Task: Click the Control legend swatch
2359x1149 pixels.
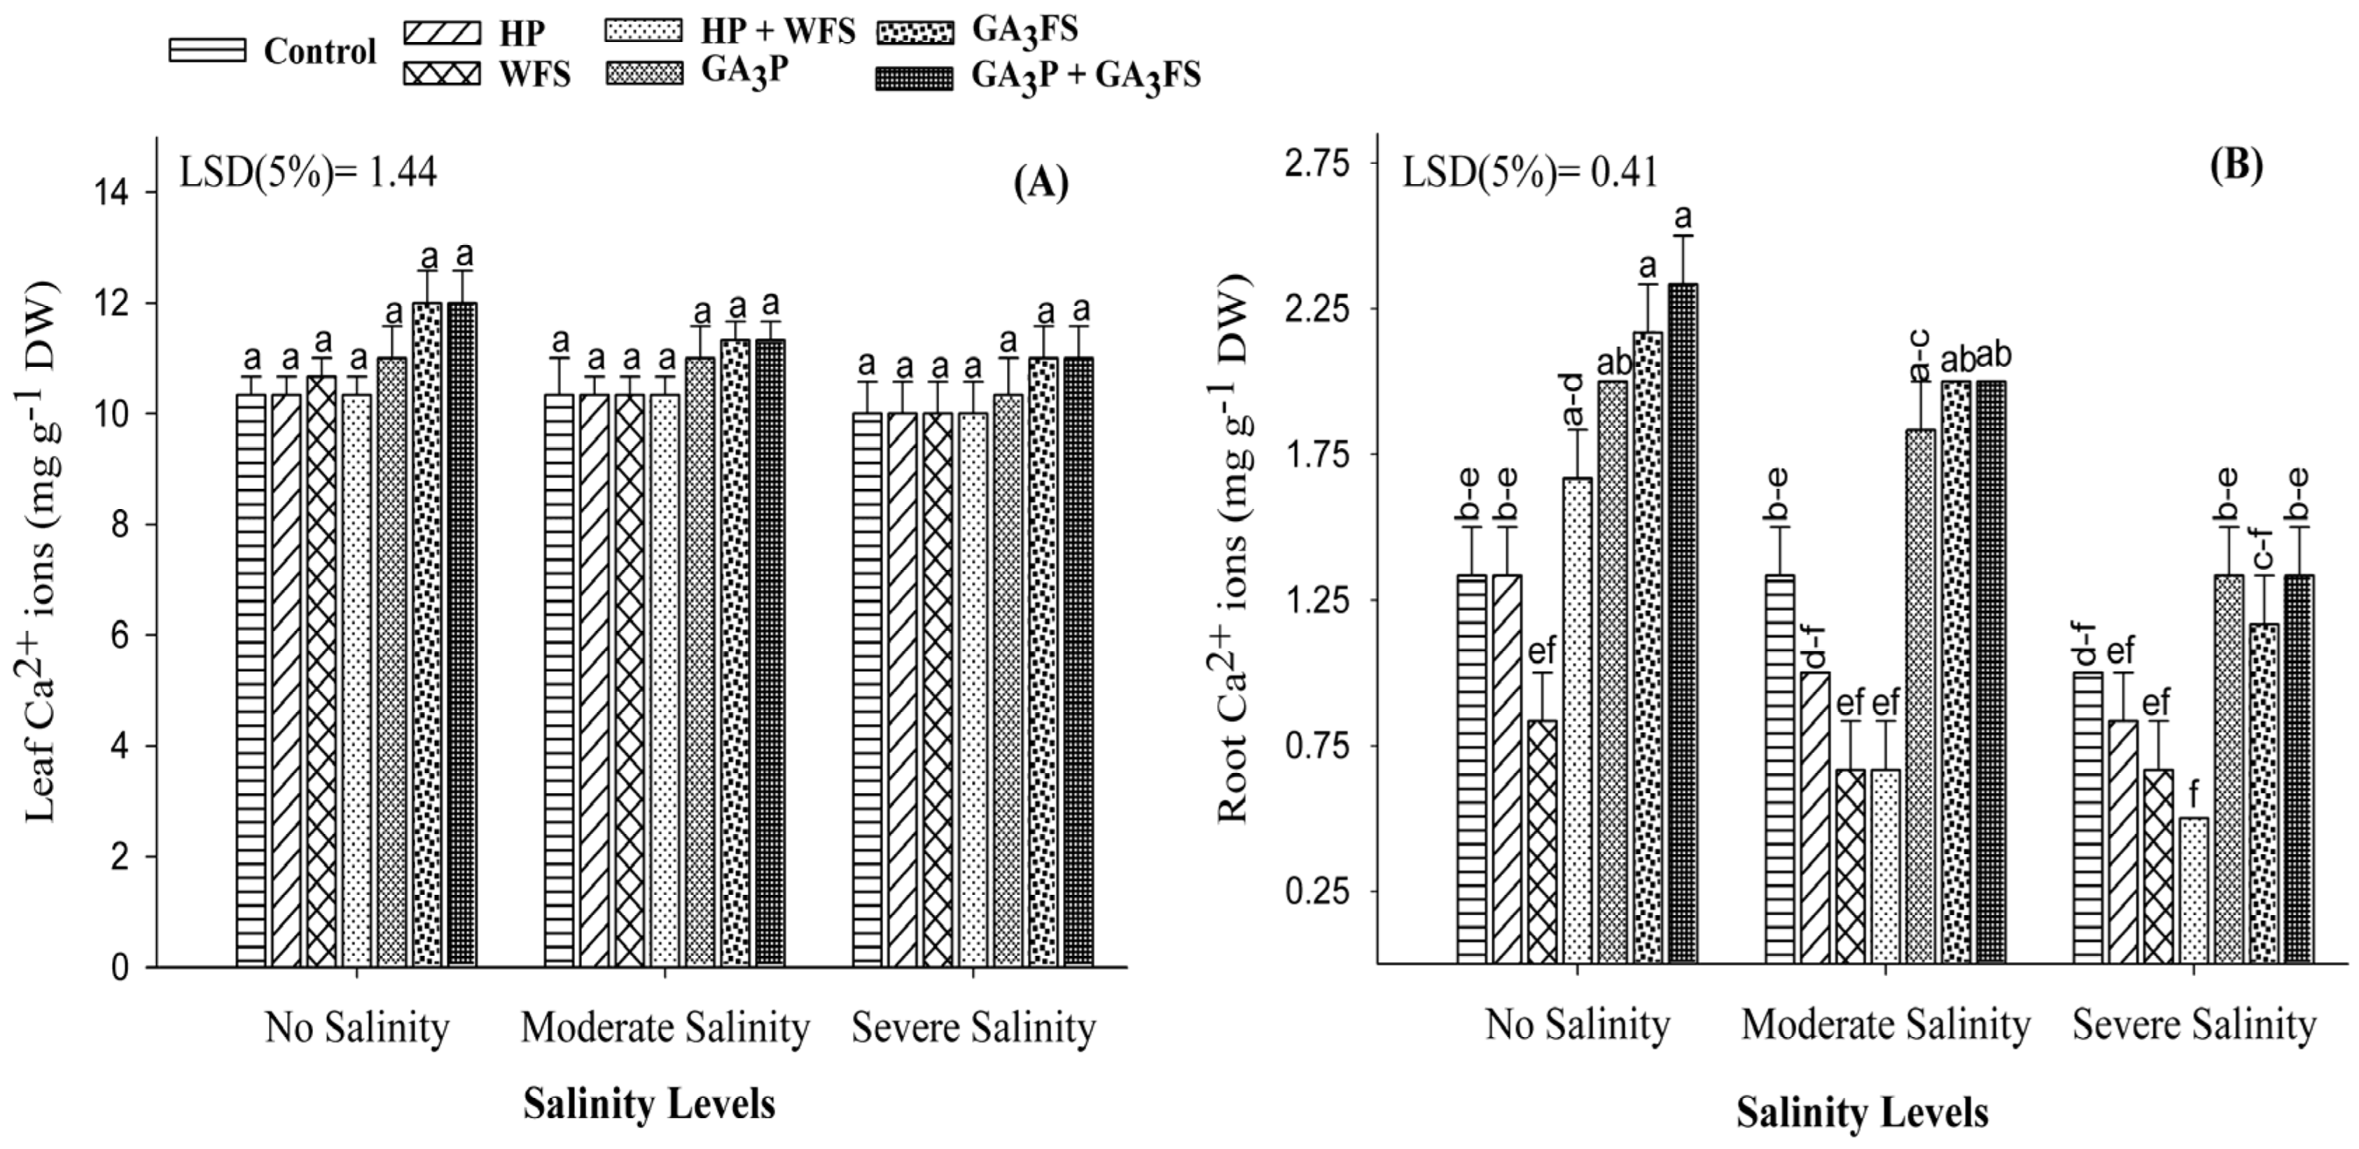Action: click(207, 50)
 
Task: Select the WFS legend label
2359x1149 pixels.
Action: click(535, 74)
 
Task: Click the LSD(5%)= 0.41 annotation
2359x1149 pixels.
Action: click(1530, 172)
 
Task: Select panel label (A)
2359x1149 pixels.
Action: click(1041, 184)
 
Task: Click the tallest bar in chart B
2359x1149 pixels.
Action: click(1683, 622)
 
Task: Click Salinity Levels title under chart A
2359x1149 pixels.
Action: click(649, 1104)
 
